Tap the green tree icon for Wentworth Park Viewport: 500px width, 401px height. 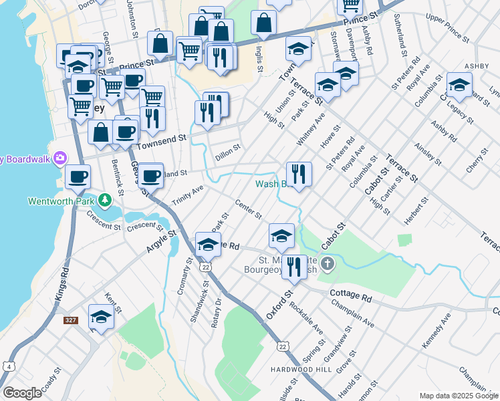[104, 200]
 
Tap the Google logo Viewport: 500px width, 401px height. [22, 393]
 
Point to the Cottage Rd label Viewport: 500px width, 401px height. [348, 294]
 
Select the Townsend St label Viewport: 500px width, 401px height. [160, 141]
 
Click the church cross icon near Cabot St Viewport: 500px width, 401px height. [327, 263]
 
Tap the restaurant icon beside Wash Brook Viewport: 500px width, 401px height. [299, 174]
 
